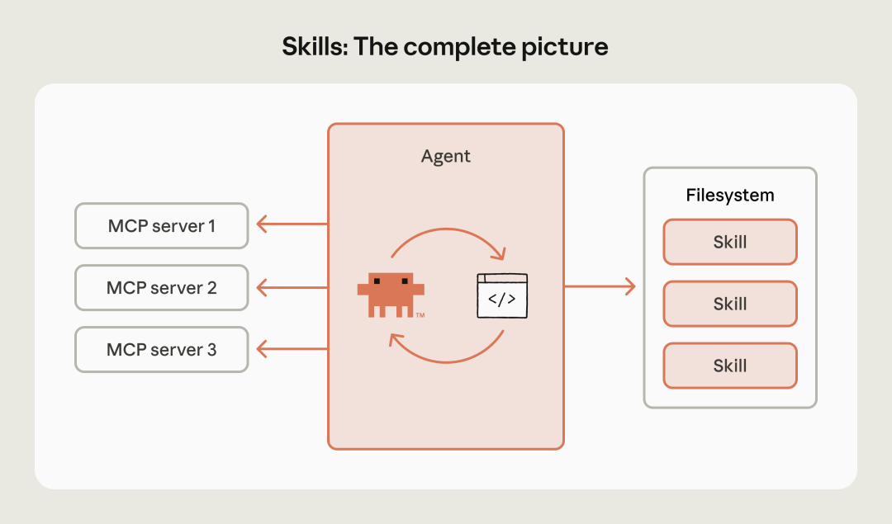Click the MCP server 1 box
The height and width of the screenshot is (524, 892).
(161, 225)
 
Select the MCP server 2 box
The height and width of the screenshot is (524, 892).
(161, 287)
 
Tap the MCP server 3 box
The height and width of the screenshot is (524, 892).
(161, 349)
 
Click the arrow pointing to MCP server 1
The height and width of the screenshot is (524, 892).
(291, 224)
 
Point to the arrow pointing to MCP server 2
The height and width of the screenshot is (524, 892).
(291, 287)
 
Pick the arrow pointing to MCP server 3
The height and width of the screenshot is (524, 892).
(291, 349)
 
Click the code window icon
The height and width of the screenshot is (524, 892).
(501, 295)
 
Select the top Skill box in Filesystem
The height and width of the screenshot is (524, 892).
(729, 242)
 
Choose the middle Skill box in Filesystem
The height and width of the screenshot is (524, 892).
(729, 304)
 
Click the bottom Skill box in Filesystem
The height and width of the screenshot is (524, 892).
(729, 366)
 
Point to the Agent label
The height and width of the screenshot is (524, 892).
(445, 156)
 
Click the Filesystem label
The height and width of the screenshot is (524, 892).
(730, 196)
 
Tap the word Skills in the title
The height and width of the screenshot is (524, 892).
(314, 46)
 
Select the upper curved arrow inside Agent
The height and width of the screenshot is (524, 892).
(446, 235)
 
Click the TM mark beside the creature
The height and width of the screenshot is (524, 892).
(420, 315)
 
